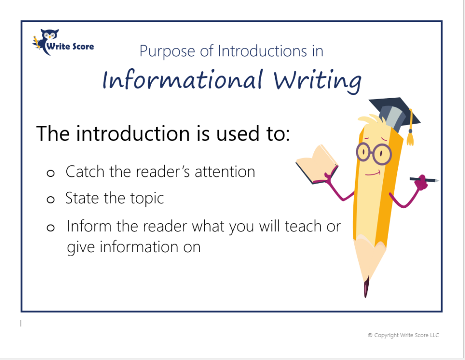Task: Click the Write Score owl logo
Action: pos(63,42)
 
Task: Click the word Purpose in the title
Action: pos(167,51)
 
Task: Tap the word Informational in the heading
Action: pos(183,79)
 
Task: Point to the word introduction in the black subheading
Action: pos(133,133)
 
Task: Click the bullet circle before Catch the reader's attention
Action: pos(51,173)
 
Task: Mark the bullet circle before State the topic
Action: pos(51,200)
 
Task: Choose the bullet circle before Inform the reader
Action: pos(51,228)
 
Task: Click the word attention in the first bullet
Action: pos(225,172)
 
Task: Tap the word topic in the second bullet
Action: pos(147,199)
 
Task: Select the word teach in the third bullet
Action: pos(303,226)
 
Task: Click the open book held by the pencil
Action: pos(317,164)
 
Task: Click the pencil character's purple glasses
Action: pos(374,154)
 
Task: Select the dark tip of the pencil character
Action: pos(366,286)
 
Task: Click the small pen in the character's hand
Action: pos(425,179)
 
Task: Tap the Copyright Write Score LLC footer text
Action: pos(403,335)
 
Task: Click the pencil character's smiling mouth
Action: pos(372,173)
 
